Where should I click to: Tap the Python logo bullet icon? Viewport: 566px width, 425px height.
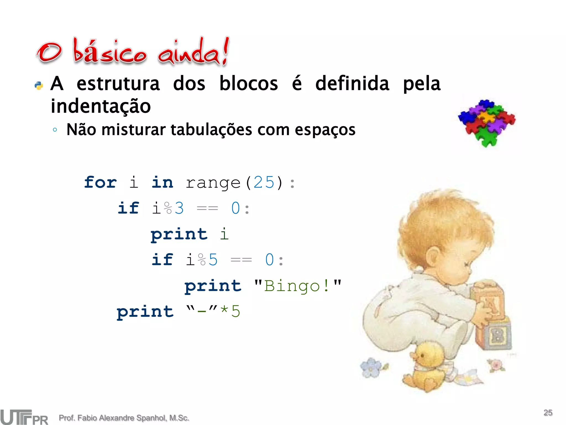pos(39,85)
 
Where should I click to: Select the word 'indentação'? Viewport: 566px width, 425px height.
pos(101,106)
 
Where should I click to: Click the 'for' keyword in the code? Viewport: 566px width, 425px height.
pos(100,182)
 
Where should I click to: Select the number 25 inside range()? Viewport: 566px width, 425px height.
pos(264,182)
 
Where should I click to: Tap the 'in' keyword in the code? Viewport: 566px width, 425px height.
pos(162,182)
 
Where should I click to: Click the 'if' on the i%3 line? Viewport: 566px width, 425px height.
pos(128,208)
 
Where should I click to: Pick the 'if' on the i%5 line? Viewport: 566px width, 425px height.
pos(162,260)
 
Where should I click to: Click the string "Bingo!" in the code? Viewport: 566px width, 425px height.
pos(298,286)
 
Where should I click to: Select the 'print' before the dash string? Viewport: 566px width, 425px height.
pos(145,312)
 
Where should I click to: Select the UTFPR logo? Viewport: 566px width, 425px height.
pos(24,417)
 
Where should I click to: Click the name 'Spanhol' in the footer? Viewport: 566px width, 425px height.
pos(152,418)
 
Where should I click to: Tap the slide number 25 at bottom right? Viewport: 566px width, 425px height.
pos(548,413)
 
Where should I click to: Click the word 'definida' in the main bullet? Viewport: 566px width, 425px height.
pos(352,83)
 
